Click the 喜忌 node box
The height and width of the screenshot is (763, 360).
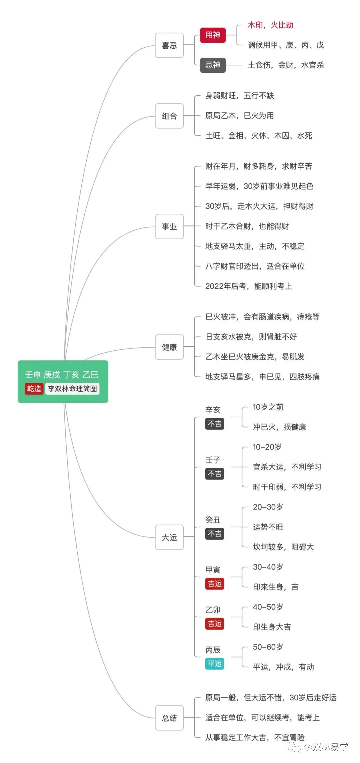tap(169, 45)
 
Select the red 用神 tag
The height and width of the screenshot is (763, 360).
tap(213, 35)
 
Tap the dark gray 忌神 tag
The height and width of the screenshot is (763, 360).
tap(213, 65)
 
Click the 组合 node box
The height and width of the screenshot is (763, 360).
tap(169, 116)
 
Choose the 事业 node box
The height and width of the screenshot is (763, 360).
tap(169, 227)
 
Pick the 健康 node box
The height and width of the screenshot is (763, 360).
tap(169, 347)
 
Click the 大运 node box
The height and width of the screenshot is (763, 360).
tap(169, 537)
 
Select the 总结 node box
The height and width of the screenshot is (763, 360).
tap(169, 718)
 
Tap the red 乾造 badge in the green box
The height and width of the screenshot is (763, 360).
tap(34, 389)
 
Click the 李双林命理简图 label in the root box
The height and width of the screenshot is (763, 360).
tap(72, 389)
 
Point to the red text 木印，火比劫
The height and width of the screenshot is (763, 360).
tap(270, 25)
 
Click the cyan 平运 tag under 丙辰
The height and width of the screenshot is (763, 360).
tap(214, 664)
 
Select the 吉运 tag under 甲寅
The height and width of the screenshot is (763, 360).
tap(214, 584)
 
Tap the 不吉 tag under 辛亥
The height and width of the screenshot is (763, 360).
tap(214, 424)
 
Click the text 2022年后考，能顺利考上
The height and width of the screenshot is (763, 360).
tap(248, 286)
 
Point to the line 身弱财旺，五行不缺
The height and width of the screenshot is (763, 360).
tap(239, 96)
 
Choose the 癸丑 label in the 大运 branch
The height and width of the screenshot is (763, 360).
tap(213, 520)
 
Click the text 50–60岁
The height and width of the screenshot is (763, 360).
tap(268, 647)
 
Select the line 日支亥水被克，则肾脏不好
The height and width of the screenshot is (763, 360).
tap(251, 337)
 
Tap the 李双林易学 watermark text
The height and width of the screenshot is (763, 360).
tap(325, 747)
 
